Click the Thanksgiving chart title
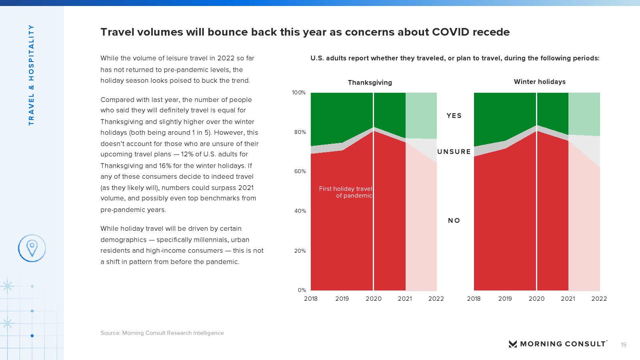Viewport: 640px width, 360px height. (x=370, y=82)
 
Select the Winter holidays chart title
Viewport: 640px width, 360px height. (x=540, y=82)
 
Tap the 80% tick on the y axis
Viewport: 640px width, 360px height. (x=300, y=132)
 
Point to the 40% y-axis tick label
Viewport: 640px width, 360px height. (x=300, y=211)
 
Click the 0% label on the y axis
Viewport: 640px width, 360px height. (x=302, y=290)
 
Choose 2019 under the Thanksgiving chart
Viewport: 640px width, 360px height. (x=342, y=298)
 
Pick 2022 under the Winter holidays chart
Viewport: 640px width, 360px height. (x=599, y=298)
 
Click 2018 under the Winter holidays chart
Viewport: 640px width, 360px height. (x=474, y=298)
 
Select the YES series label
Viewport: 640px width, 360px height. (x=454, y=116)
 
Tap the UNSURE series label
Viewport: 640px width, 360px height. (x=454, y=152)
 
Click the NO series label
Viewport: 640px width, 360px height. (x=454, y=220)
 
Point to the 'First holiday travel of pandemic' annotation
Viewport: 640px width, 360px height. (x=346, y=192)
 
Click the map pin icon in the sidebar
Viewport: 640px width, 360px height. (x=32, y=248)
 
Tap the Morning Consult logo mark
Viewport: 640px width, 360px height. (x=512, y=344)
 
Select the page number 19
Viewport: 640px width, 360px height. (x=623, y=345)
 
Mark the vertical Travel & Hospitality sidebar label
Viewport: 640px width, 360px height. (x=31, y=75)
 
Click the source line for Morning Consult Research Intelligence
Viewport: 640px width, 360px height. (x=162, y=333)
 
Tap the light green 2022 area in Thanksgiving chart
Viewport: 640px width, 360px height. (x=421, y=115)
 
